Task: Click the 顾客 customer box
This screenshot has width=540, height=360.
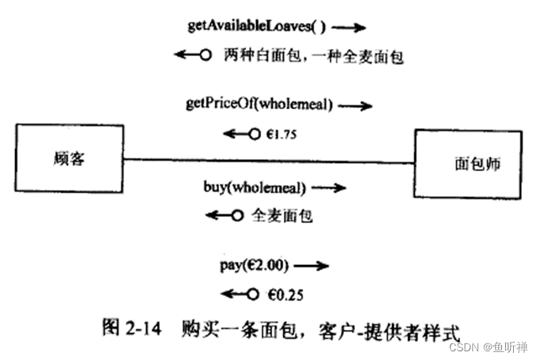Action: coord(67,159)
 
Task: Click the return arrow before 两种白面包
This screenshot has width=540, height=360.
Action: coord(193,55)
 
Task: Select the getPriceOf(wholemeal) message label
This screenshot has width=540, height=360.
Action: coord(259,104)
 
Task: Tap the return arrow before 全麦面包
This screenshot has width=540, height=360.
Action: coord(223,215)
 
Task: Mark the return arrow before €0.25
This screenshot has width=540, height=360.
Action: coord(240,294)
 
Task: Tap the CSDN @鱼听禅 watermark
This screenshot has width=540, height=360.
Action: coord(490,348)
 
